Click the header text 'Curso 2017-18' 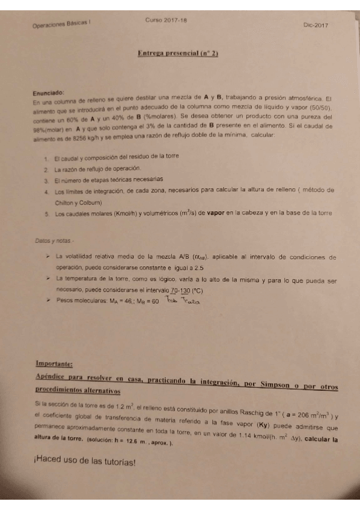pyautogui.click(x=166, y=20)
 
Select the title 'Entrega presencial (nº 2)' pyautogui.click(x=178, y=54)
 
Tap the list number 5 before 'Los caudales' pyautogui.click(x=46, y=213)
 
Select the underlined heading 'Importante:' pyautogui.click(x=55, y=364)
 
